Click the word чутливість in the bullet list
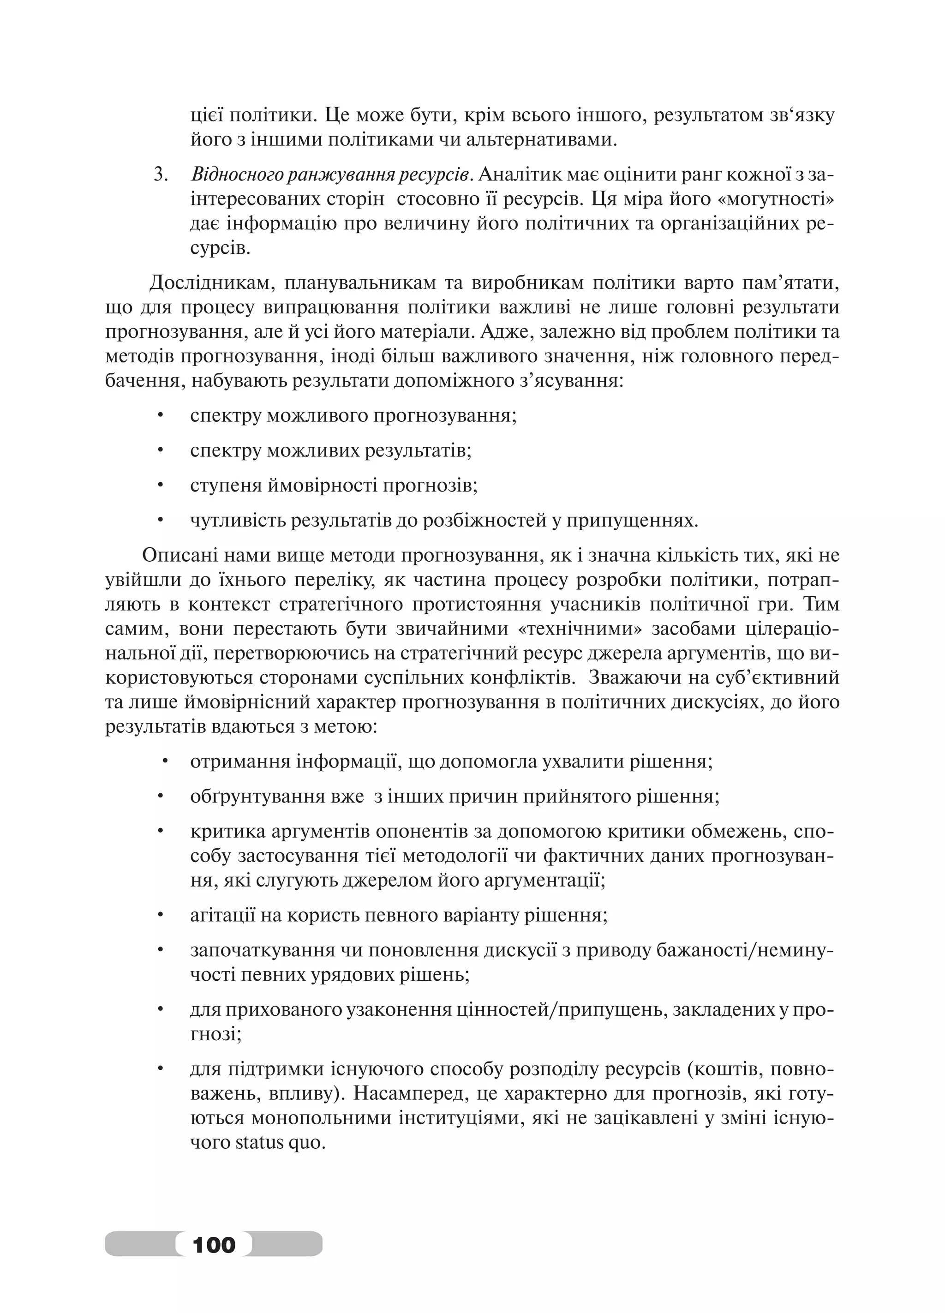pos(237,521)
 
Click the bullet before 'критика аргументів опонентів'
pos(161,833)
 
